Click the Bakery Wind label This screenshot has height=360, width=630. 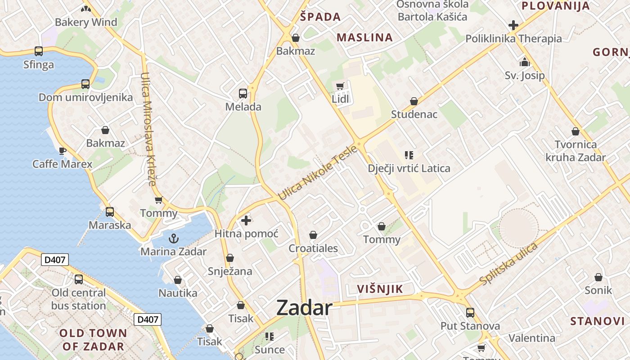point(85,22)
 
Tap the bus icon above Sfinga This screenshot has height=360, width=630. point(39,51)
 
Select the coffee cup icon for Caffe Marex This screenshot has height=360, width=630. point(63,150)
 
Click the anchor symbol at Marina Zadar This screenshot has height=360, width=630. point(173,238)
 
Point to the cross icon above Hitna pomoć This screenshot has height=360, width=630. point(246,220)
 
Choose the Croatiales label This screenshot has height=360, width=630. point(313,248)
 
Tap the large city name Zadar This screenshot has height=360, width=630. point(304,308)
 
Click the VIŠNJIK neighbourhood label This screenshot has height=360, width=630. point(380,289)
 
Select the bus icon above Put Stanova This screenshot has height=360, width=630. point(470,312)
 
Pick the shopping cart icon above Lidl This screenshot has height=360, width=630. point(340,85)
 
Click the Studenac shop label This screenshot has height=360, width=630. point(414,114)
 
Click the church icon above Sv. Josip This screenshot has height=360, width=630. point(525,62)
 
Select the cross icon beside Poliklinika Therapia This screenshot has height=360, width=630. point(513,25)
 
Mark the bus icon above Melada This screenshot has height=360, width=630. point(243,94)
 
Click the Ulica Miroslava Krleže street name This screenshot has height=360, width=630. point(148,130)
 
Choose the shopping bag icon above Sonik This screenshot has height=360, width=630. point(598,277)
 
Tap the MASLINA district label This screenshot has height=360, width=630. point(365,37)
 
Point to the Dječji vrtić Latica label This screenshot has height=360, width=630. point(409,169)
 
